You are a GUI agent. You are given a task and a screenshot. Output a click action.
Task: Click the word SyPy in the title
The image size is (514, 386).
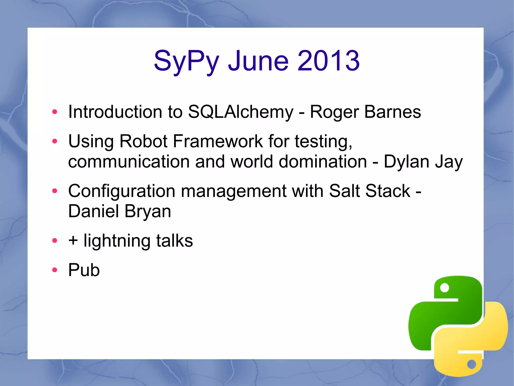[186, 61]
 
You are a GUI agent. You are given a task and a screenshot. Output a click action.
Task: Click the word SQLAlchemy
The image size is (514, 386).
[240, 112]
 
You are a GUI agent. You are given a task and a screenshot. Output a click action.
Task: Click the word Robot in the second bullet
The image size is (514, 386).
[143, 141]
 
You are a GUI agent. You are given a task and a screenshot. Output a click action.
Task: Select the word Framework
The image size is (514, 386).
[218, 141]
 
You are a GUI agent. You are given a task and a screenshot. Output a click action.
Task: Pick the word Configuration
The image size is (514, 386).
[121, 191]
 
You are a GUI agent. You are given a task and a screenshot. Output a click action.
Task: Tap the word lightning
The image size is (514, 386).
[117, 241]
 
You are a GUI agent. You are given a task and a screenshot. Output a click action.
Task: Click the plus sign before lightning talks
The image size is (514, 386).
[73, 240]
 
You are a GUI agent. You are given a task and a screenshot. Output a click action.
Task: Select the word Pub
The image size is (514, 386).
[84, 270]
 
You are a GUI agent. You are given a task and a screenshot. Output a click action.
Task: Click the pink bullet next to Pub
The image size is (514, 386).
[54, 270]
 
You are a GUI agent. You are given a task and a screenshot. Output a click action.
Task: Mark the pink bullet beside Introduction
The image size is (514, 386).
[54, 112]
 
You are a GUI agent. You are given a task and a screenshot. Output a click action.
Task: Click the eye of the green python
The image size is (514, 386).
[444, 288]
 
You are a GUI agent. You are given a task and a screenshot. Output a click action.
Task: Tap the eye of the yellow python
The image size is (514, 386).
[471, 364]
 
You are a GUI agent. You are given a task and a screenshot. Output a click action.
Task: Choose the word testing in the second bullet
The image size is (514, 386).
[323, 142]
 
